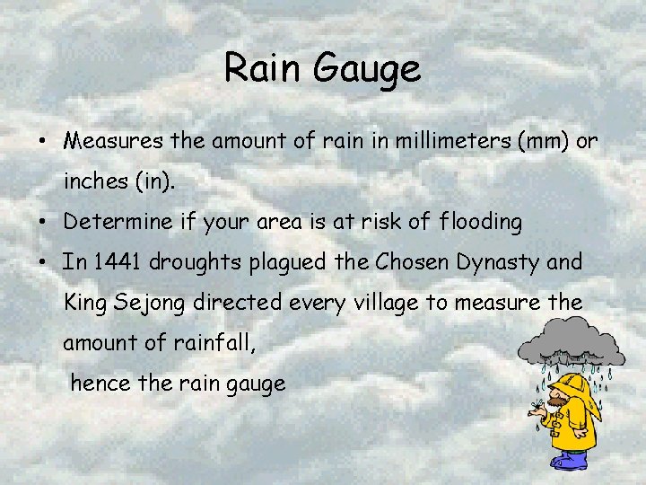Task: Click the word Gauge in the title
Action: pos(371,69)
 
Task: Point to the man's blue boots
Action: pos(569,462)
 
